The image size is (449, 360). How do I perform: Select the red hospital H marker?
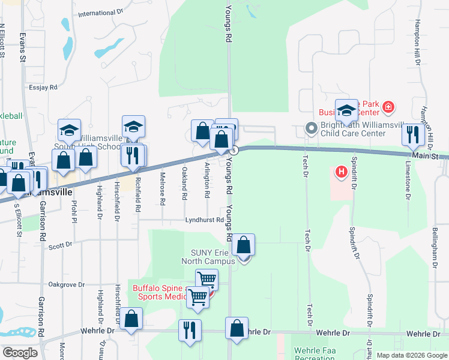(342, 173)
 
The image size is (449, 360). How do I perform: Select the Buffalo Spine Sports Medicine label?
(162, 292)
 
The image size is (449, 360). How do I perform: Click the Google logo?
(19, 353)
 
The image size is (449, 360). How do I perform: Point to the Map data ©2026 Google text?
(412, 355)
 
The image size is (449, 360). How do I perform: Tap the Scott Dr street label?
(60, 245)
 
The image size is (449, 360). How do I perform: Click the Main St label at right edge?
(439, 157)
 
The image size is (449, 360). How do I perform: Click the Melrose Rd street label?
(163, 191)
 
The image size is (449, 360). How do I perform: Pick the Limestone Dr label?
(408, 180)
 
